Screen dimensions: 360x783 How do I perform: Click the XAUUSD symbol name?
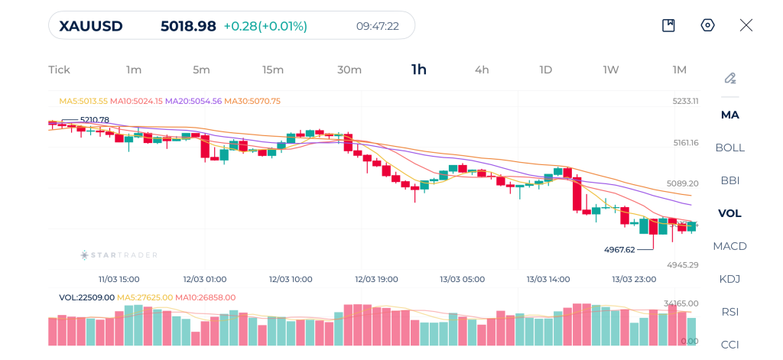pyautogui.click(x=91, y=26)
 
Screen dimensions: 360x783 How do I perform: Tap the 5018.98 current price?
pyautogui.click(x=188, y=26)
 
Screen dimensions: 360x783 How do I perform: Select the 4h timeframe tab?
pyautogui.click(x=482, y=70)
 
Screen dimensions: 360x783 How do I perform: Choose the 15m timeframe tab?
pyautogui.click(x=273, y=70)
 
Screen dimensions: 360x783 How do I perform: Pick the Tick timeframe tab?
pyautogui.click(x=59, y=70)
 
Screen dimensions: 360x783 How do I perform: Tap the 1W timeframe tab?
pyautogui.click(x=611, y=70)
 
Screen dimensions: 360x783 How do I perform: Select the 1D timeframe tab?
pyautogui.click(x=546, y=70)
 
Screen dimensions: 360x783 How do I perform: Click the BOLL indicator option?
pyautogui.click(x=729, y=148)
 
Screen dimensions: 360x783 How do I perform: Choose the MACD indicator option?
pyautogui.click(x=729, y=246)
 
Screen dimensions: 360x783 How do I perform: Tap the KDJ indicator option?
pyautogui.click(x=729, y=279)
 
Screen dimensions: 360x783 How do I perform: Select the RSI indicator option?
pyautogui.click(x=729, y=312)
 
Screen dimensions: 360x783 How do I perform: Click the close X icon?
pyautogui.click(x=746, y=25)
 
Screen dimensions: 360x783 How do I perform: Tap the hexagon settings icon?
pyautogui.click(x=707, y=25)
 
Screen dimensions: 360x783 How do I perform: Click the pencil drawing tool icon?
pyautogui.click(x=729, y=78)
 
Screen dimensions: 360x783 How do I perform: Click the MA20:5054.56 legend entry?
pyautogui.click(x=193, y=101)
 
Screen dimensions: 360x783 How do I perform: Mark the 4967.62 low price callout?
pyautogui.click(x=619, y=249)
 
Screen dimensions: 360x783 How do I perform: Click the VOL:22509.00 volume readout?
pyautogui.click(x=86, y=297)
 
